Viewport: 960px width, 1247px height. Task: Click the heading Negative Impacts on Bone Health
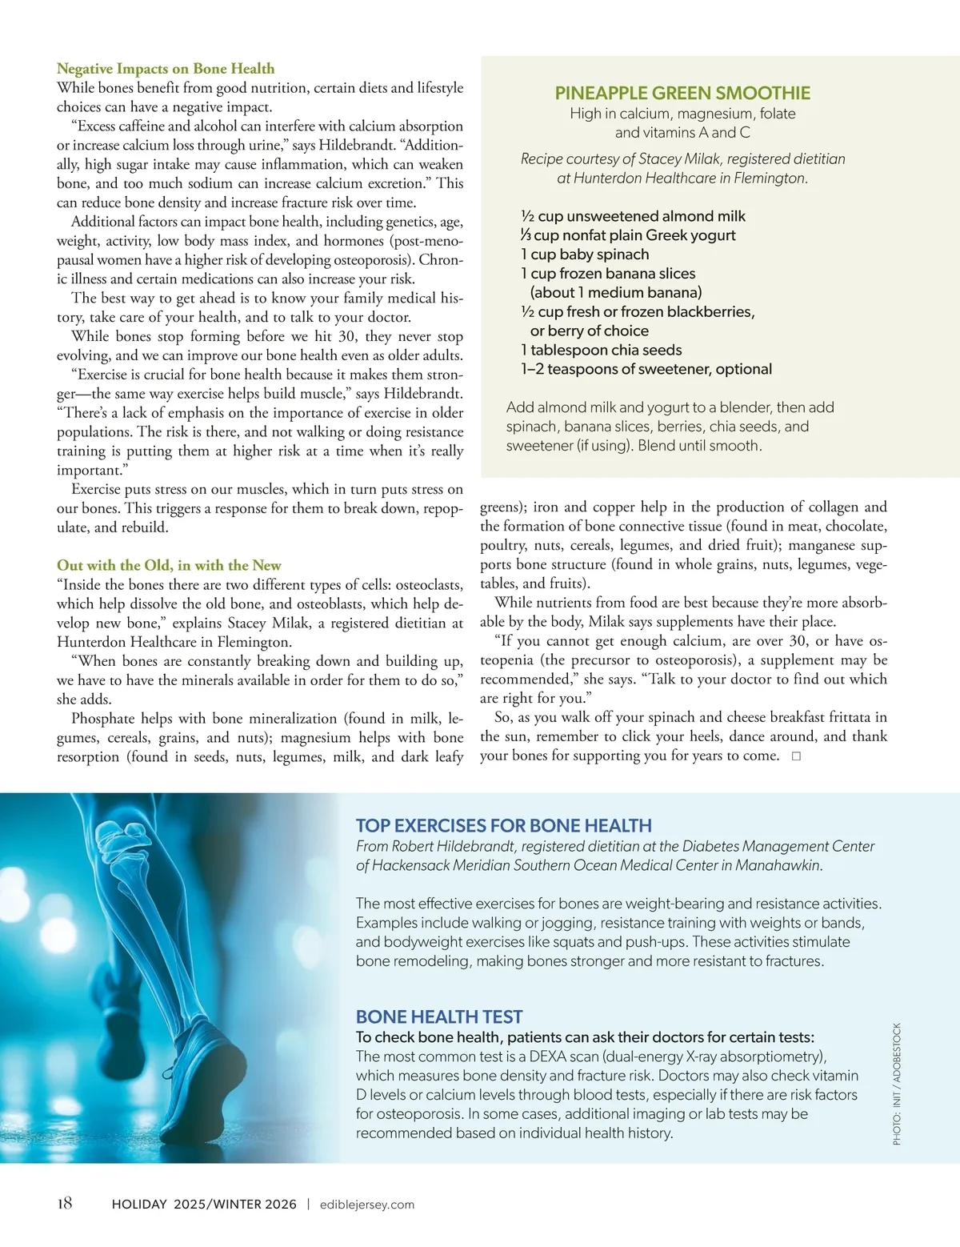pyautogui.click(x=166, y=69)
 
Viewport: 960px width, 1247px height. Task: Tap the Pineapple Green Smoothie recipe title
pyautogui.click(x=682, y=94)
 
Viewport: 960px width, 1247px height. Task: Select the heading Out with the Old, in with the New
pyautogui.click(x=169, y=565)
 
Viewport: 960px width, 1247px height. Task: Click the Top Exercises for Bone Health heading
pyautogui.click(x=503, y=825)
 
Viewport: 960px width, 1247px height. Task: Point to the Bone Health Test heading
pyautogui.click(x=438, y=1016)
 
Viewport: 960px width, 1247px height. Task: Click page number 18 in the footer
pyautogui.click(x=65, y=1203)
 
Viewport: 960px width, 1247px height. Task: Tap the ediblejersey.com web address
pyautogui.click(x=366, y=1205)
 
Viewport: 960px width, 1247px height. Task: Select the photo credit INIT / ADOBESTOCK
pyautogui.click(x=897, y=1084)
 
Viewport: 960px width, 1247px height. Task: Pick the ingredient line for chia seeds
pyautogui.click(x=601, y=350)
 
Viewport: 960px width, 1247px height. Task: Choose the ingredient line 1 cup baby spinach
pyautogui.click(x=585, y=255)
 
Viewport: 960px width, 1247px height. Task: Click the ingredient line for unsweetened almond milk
pyautogui.click(x=633, y=216)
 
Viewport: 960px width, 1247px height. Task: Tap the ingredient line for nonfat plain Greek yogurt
pyautogui.click(x=628, y=235)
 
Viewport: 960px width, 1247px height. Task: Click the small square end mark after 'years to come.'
pyautogui.click(x=796, y=756)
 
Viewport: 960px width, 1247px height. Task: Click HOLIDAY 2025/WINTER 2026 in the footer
pyautogui.click(x=204, y=1205)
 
